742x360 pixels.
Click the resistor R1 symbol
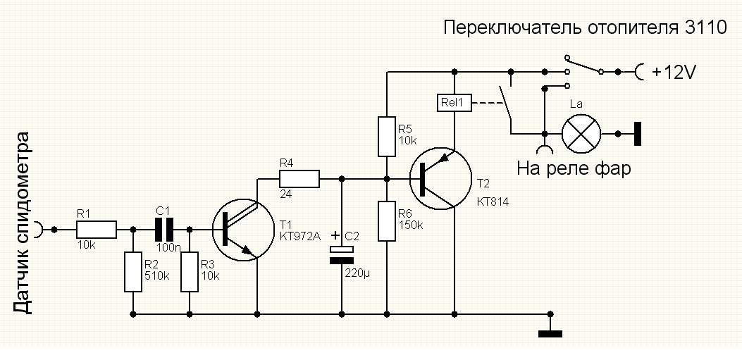tap(96, 229)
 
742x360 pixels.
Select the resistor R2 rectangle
tap(132, 272)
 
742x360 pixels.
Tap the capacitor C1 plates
tap(163, 229)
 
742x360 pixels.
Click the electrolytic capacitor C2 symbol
tap(342, 254)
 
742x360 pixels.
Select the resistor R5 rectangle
tap(387, 137)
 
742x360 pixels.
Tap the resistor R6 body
tap(387, 221)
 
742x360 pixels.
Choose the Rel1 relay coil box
tap(454, 103)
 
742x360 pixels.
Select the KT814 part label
tap(493, 201)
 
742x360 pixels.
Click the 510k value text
tap(157, 275)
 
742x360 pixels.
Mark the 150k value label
tap(411, 225)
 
